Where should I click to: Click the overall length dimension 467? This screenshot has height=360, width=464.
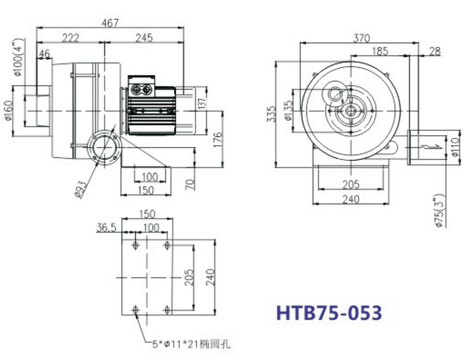110,23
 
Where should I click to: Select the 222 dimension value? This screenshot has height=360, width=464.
71,38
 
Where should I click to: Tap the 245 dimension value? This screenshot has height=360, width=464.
144,38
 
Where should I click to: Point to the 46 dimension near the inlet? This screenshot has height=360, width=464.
45,54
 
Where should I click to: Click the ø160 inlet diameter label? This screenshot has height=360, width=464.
9,111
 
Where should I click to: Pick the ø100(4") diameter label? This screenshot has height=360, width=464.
18,57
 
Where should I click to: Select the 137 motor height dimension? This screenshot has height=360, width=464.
201,104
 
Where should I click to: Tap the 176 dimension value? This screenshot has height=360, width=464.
218,140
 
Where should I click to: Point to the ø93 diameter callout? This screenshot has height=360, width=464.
81,189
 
